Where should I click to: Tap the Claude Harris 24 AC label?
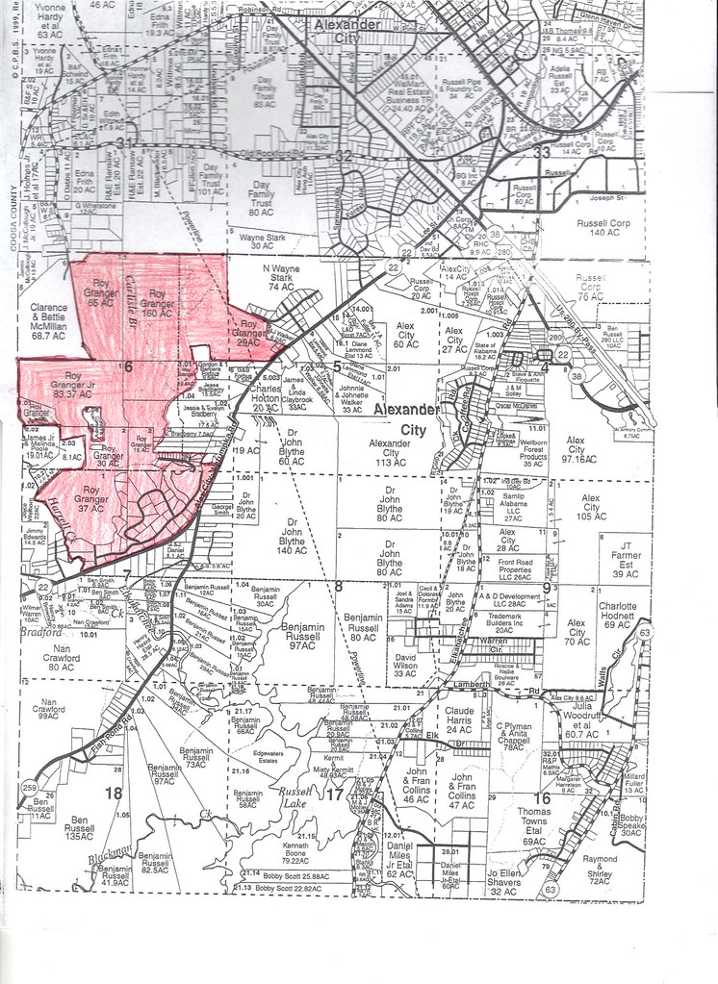[x=460, y=720]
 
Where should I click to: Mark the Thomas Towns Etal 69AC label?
[x=533, y=827]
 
